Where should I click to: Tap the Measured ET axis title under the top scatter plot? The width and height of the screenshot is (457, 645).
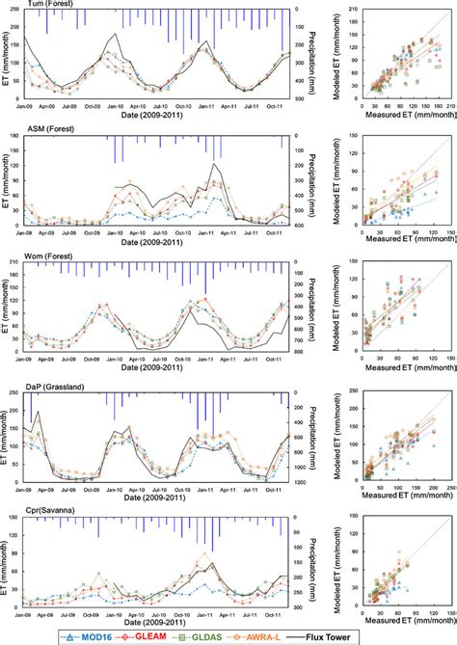coord(398,117)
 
